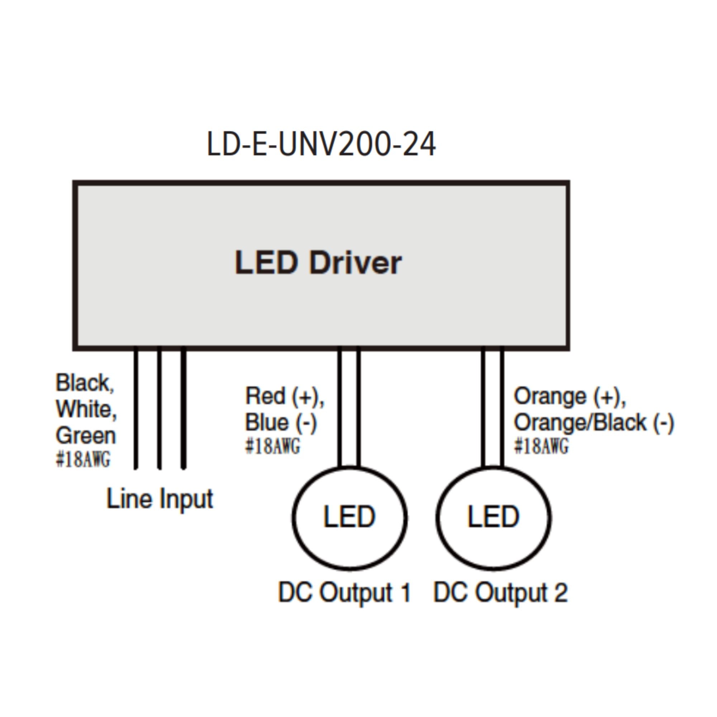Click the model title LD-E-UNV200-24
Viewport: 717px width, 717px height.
[321, 144]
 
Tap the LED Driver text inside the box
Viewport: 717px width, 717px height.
[318, 262]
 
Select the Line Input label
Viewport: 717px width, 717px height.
[160, 498]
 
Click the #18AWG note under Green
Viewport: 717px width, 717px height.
[83, 459]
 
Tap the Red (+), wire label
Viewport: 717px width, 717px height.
[285, 396]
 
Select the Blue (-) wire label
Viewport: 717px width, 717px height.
[281, 422]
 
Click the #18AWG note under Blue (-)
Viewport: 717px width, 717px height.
[273, 446]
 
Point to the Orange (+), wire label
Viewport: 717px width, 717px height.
[570, 396]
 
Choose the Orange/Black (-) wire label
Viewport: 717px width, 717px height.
[594, 422]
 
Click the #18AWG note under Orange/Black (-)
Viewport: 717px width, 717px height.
[541, 446]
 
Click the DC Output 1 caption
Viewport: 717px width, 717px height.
[345, 592]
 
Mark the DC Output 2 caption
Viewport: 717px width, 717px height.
[500, 592]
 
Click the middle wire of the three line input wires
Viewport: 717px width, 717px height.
[160, 408]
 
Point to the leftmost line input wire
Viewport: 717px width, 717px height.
[136, 408]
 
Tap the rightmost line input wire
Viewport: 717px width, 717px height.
[183, 408]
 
